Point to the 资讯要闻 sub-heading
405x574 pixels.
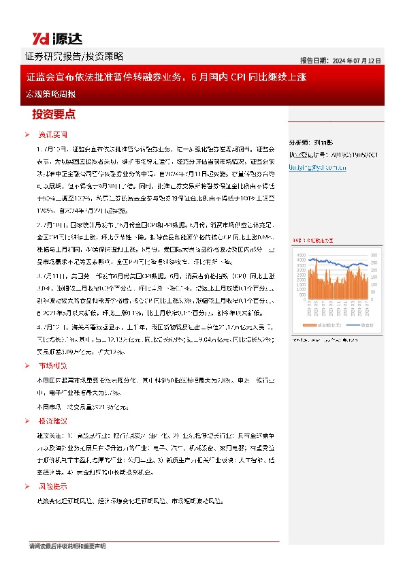[x=52, y=135]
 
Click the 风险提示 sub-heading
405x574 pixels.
[x=52, y=487]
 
